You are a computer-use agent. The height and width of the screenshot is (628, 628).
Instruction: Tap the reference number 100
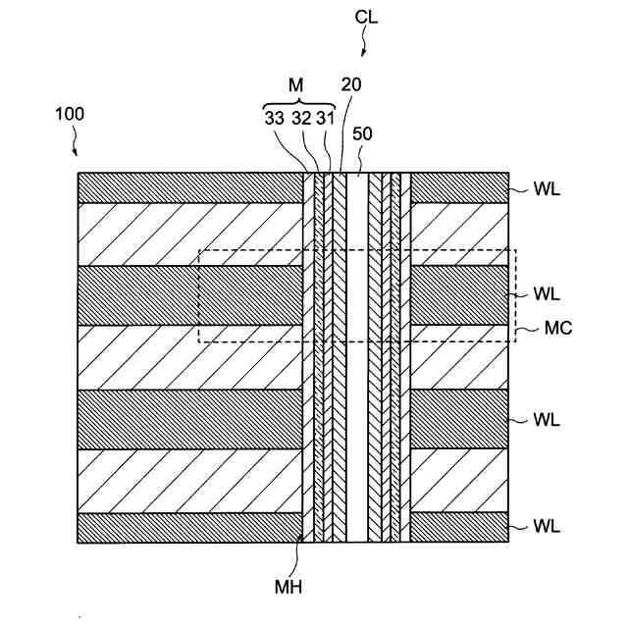[x=70, y=114]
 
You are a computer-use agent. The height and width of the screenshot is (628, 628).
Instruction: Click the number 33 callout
[x=276, y=120]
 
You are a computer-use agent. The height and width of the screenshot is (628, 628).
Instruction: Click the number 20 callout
[x=351, y=84]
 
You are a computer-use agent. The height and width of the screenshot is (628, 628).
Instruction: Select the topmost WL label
[x=547, y=189]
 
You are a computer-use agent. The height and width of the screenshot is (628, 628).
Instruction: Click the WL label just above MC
[x=547, y=293]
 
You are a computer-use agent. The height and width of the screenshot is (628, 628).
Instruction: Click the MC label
[x=558, y=329]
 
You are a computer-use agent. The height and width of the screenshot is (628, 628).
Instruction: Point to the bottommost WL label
[x=547, y=527]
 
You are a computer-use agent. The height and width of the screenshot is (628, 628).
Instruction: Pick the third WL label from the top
[x=547, y=419]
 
